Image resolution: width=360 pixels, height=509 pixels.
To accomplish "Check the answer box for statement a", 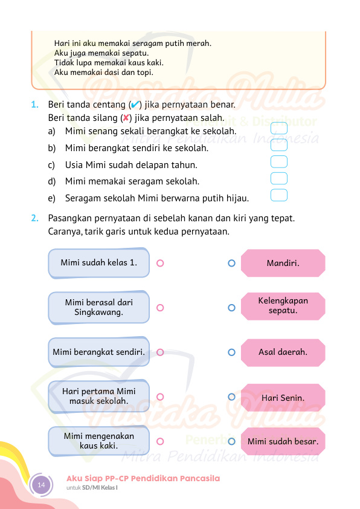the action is click(x=278, y=129).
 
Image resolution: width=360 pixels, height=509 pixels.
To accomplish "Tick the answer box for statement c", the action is click(x=278, y=162).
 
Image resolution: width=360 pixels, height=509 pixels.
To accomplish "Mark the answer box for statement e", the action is click(x=278, y=195).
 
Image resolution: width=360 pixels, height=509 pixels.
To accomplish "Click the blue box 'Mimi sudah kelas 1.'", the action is click(x=98, y=263).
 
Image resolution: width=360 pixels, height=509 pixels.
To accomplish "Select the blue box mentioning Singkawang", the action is click(x=98, y=307).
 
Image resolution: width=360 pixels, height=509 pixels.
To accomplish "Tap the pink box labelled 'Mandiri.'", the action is click(x=283, y=263).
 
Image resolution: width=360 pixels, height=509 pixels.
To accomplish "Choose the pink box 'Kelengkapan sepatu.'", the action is click(x=283, y=306).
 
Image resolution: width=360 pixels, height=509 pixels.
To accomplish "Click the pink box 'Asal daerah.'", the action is click(x=283, y=352).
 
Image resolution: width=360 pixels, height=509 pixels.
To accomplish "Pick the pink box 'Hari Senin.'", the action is click(x=283, y=398).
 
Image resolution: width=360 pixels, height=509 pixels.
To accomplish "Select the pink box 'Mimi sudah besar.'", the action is click(x=283, y=441).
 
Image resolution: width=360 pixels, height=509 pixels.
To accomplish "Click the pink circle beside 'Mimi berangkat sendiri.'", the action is click(x=160, y=352).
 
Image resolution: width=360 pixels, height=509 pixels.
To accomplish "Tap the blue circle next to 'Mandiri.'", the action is click(x=231, y=263).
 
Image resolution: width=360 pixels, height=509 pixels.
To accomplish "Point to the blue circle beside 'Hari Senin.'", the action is click(x=231, y=397).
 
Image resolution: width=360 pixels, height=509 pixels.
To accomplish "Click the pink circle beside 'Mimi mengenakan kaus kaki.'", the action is click(x=160, y=441).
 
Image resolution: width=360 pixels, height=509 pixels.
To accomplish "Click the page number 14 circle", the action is click(x=41, y=485).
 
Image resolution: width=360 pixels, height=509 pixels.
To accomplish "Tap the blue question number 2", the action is click(x=34, y=218).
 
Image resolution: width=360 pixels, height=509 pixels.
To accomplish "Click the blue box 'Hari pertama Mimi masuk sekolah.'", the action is click(x=98, y=397).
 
